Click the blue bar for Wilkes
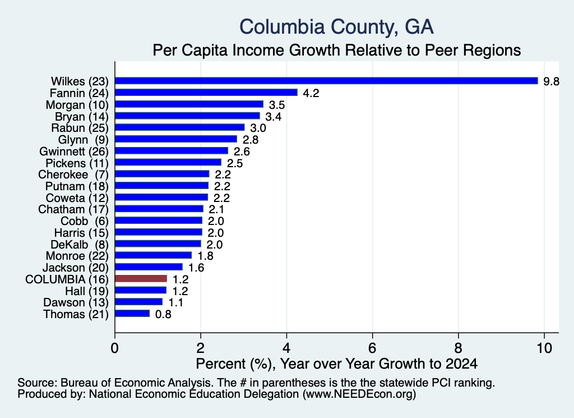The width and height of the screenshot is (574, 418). (x=327, y=81)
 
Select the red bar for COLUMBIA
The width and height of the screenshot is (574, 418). (x=141, y=279)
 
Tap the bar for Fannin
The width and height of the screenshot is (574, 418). (x=206, y=93)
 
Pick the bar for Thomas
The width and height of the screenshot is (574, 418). (x=132, y=314)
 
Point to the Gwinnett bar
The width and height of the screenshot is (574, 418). (x=172, y=151)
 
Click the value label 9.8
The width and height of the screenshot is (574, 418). (x=552, y=81)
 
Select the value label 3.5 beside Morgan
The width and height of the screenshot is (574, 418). (x=277, y=105)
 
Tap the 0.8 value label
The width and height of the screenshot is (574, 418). (x=163, y=314)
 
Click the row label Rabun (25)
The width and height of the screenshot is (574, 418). (x=80, y=128)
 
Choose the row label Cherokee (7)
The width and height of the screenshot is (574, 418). (x=73, y=174)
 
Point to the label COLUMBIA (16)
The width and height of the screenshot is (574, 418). (x=67, y=279)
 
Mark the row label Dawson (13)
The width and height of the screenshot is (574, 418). (x=76, y=302)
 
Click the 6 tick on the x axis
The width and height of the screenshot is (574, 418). (x=372, y=348)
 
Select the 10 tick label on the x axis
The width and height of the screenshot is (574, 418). (x=544, y=348)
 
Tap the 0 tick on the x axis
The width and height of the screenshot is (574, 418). (x=115, y=348)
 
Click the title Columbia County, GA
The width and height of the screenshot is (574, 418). (x=336, y=27)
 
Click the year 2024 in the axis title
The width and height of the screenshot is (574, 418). (x=462, y=364)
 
